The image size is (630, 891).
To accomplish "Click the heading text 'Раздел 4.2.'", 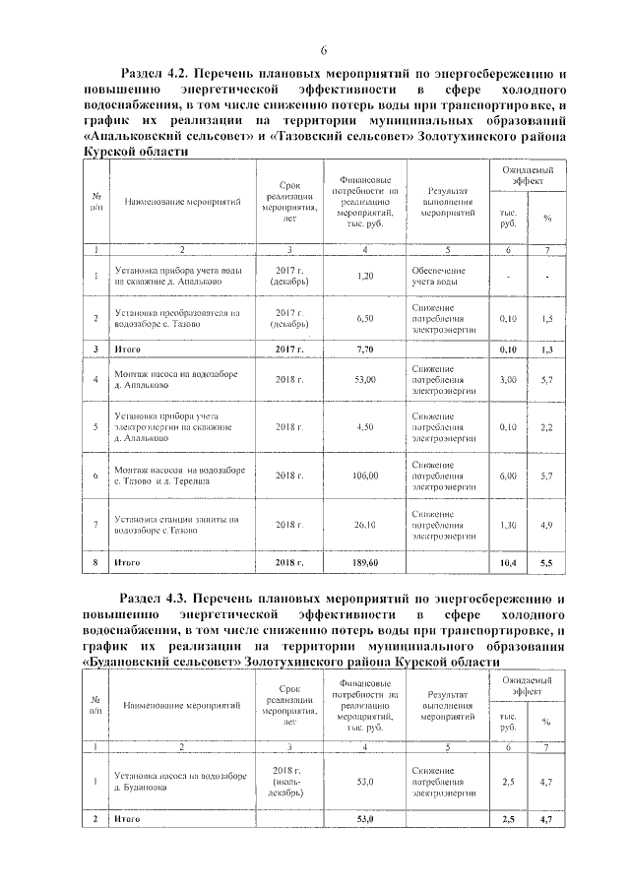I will [x=154, y=73].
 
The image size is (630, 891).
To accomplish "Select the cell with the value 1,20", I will [x=365, y=277].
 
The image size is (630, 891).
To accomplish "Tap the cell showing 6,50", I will [x=365, y=319].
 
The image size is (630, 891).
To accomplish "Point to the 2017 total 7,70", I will [x=365, y=350].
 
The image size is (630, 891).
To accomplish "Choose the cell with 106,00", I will [x=365, y=476].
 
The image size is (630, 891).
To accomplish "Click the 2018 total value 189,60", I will [x=365, y=562].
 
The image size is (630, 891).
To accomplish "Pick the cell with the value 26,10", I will [x=365, y=525].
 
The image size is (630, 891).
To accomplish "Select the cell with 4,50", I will [x=365, y=426].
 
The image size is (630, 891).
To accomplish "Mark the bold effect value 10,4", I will [x=509, y=562].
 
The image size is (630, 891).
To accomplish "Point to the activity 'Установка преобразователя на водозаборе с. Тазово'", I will [x=176, y=319].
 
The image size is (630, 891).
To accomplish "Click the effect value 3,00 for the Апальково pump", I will [x=509, y=379].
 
